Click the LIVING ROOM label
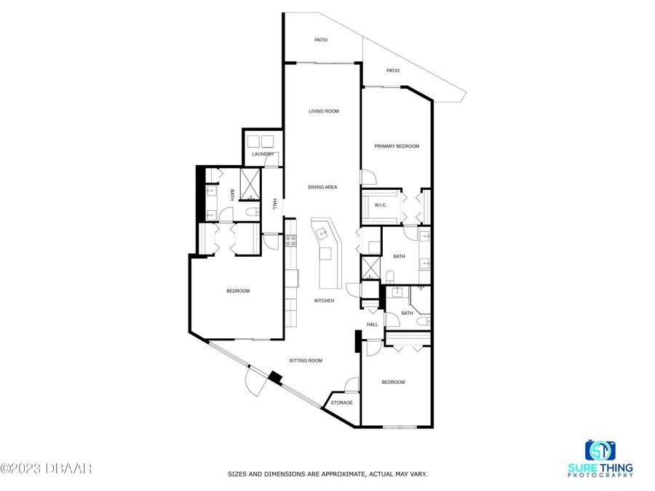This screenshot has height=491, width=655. [324, 111]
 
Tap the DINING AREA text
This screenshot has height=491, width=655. [322, 188]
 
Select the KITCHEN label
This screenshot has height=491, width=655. [324, 300]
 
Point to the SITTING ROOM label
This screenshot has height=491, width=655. [306, 361]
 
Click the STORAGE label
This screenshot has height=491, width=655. [341, 402]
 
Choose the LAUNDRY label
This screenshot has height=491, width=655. [262, 154]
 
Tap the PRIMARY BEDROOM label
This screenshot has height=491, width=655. [397, 146]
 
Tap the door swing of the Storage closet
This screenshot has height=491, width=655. [352, 384]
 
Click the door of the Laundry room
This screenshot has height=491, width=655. [271, 162]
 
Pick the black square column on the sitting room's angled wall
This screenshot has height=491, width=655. [275, 378]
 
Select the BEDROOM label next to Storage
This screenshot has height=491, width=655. [393, 382]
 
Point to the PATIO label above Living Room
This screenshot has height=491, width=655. [321, 40]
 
